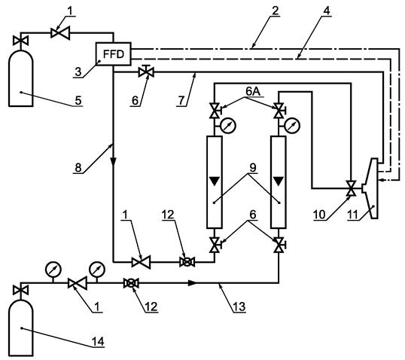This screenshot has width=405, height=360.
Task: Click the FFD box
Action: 113,53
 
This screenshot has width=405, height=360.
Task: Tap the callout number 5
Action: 78,100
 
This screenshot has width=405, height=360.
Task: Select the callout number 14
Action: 98,341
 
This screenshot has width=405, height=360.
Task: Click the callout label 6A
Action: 253,91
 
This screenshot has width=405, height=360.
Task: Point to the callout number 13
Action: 239,307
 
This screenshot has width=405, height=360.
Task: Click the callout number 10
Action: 319,215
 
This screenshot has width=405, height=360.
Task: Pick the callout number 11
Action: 353,215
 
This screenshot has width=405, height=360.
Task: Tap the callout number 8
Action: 78,168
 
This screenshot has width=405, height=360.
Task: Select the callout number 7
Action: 181,101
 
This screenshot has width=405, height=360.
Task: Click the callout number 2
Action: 276,11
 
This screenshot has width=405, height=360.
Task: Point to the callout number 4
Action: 327,11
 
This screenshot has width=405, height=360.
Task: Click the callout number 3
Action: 78,72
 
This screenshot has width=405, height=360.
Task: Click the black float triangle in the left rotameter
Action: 215,181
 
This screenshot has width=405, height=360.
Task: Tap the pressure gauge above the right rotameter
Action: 292,125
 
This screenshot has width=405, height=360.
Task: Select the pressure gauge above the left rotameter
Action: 228,125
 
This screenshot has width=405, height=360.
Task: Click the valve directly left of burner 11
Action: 351,188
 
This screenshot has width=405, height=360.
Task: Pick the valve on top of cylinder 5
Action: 20,41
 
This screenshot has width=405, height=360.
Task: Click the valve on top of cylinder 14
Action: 20,290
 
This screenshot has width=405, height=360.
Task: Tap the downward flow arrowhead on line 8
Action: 113,162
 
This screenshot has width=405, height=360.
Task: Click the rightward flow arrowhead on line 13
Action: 193,283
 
